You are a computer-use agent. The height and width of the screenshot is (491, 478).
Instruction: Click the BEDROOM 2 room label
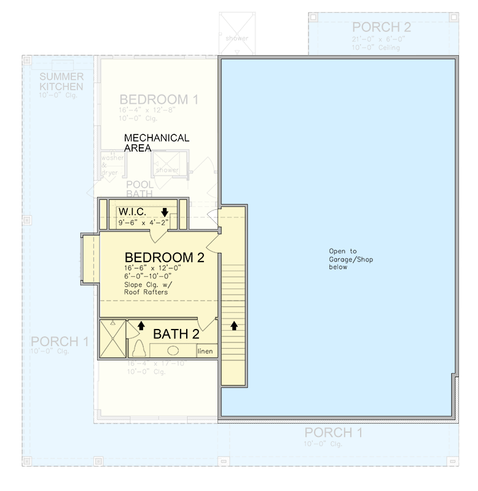pos(164,257)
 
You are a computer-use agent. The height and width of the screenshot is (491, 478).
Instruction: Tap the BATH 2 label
pos(176,334)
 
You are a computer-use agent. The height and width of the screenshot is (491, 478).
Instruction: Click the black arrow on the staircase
pos(234,325)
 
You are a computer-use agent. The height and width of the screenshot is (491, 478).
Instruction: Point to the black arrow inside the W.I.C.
pos(165,212)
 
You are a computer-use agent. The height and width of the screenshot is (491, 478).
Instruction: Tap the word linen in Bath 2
pos(206,351)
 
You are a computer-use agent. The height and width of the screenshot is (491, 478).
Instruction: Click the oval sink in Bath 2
pos(173,350)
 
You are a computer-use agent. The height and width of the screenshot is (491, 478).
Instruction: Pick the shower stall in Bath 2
pos(112,338)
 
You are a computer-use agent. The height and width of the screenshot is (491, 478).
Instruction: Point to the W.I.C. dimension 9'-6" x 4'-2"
pos(143,223)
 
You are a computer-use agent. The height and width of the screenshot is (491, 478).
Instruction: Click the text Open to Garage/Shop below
pos(342,259)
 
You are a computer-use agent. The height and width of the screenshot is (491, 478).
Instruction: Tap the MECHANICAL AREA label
pos(157,142)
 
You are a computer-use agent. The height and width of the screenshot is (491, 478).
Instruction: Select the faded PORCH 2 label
pos(381,27)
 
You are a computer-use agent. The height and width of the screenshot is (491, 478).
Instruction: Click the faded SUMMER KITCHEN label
pos(61,82)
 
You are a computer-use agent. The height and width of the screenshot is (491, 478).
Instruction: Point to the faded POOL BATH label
pos(140,189)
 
